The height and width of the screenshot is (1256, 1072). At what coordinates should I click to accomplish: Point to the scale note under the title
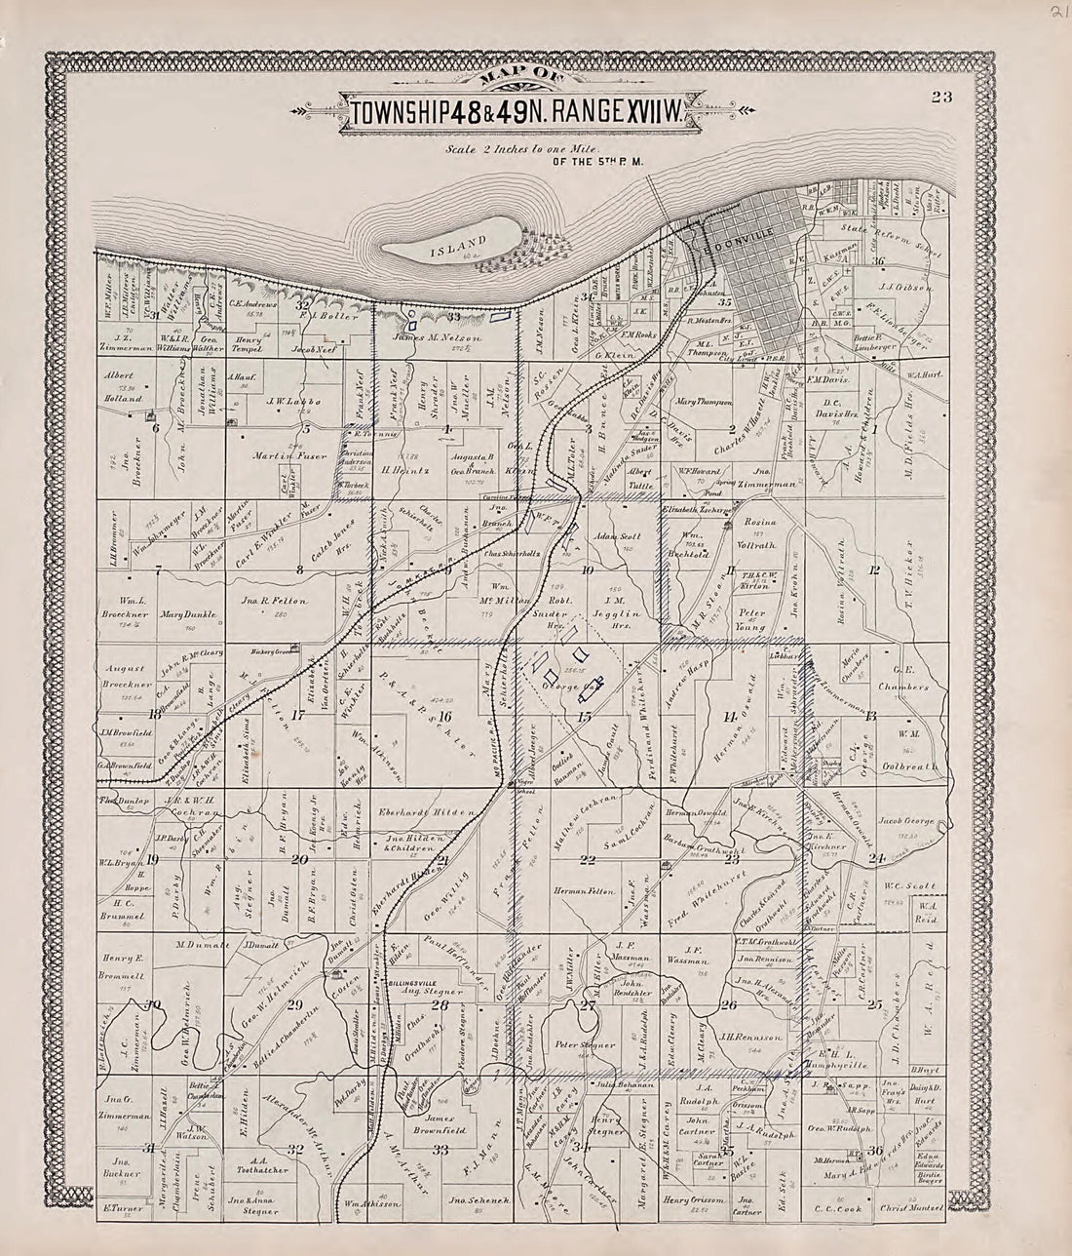[522, 150]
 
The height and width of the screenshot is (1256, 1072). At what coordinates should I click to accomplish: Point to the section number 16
[444, 717]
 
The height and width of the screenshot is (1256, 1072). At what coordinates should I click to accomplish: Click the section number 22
[587, 859]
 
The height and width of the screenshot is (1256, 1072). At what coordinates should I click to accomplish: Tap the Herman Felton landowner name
[585, 891]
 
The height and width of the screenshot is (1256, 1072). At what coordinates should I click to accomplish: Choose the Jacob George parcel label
[906, 821]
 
